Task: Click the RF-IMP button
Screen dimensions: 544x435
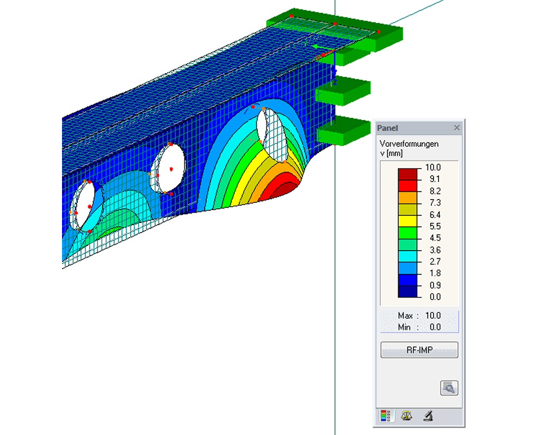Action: pos(419,350)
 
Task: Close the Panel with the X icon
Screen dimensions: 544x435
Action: pos(456,128)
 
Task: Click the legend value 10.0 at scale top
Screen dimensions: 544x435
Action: pos(432,167)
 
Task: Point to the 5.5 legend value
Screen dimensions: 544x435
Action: pos(435,226)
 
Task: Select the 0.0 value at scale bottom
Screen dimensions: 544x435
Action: pos(435,296)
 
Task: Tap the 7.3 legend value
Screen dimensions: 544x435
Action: pos(435,203)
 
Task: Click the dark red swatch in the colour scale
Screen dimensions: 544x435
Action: pos(407,174)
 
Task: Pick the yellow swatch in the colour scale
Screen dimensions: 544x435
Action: pos(407,221)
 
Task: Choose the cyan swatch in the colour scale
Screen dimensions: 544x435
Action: pos(407,256)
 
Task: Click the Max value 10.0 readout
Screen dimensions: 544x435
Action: pos(432,315)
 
